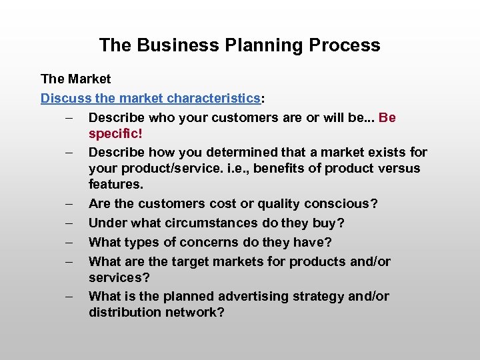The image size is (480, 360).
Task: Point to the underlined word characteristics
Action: pyautogui.click(x=213, y=99)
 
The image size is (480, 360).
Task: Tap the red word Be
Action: pyautogui.click(x=387, y=118)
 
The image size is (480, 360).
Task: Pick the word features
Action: pyautogui.click(x=116, y=184)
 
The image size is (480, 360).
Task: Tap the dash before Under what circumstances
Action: pyautogui.click(x=69, y=223)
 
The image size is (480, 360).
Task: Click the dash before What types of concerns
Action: pyautogui.click(x=69, y=242)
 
